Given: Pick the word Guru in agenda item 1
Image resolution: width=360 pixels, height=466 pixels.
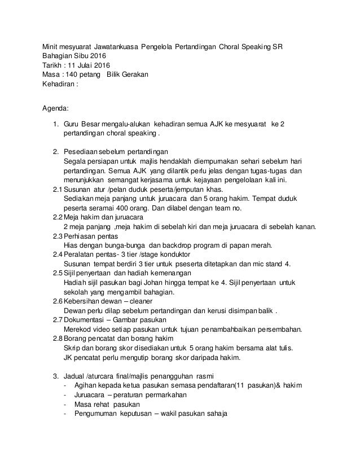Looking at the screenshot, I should point(72,124).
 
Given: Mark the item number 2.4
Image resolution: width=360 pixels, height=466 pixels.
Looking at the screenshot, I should point(56,255).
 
